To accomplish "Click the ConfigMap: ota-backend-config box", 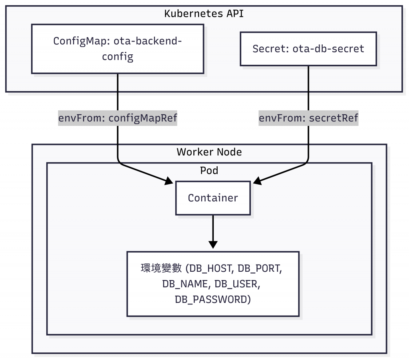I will click(117, 49).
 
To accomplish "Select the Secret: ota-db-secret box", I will click(308, 49).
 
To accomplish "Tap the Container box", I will click(213, 198).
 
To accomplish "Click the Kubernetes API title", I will click(204, 14).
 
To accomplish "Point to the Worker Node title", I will click(209, 152).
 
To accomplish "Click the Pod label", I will click(209, 171).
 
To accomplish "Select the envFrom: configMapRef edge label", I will click(117, 118).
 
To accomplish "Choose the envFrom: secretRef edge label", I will click(308, 118).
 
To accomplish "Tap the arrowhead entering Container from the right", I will click(257, 182).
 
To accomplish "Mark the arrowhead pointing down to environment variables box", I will click(213, 244).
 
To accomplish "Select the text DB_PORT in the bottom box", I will click(260, 269).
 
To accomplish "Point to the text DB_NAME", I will click(187, 284).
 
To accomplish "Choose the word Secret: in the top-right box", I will click(271, 49).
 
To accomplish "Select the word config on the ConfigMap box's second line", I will click(117, 57).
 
